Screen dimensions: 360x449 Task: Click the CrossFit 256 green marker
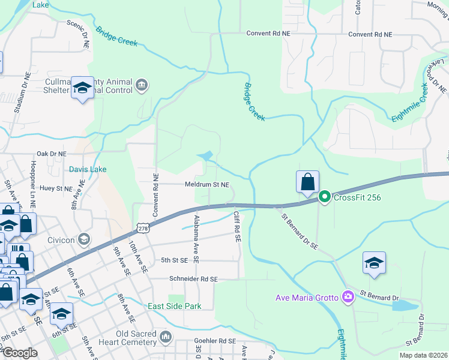pos(325,196)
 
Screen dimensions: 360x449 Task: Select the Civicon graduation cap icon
pos(84,239)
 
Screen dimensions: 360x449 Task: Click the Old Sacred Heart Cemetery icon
pos(166,335)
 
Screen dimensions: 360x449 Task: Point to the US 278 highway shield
pos(142,228)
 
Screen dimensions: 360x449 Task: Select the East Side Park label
pos(173,306)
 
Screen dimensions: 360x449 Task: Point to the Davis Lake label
pos(88,169)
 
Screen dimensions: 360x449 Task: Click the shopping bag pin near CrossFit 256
pos(307,182)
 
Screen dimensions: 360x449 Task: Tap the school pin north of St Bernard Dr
pos(374,263)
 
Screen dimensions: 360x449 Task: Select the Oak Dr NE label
pos(51,154)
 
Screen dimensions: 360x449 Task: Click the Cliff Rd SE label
pos(237,226)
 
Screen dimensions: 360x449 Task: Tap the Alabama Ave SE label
pos(196,238)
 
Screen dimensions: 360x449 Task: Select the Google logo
pos(20,353)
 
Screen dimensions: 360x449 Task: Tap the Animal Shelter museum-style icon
pos(141,85)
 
